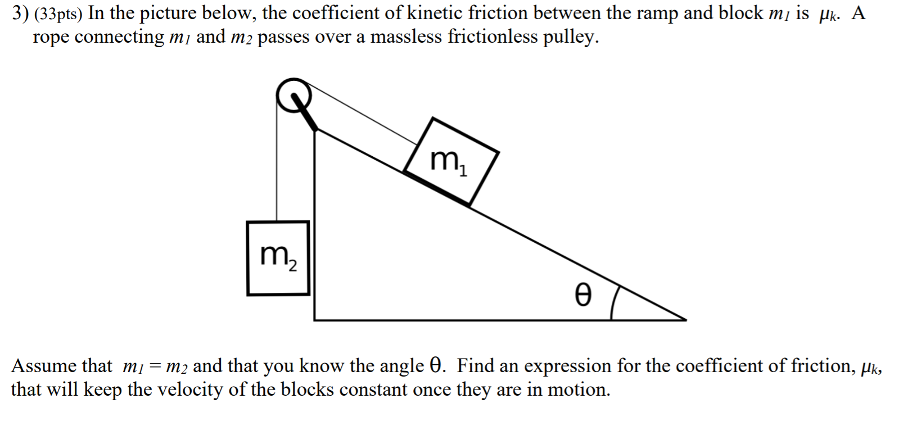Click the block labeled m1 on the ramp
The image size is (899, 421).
tap(450, 161)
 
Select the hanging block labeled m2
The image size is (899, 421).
tap(278, 258)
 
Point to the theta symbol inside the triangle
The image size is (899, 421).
tap(583, 295)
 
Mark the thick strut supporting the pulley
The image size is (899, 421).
tap(306, 115)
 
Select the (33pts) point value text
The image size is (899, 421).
tap(58, 14)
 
